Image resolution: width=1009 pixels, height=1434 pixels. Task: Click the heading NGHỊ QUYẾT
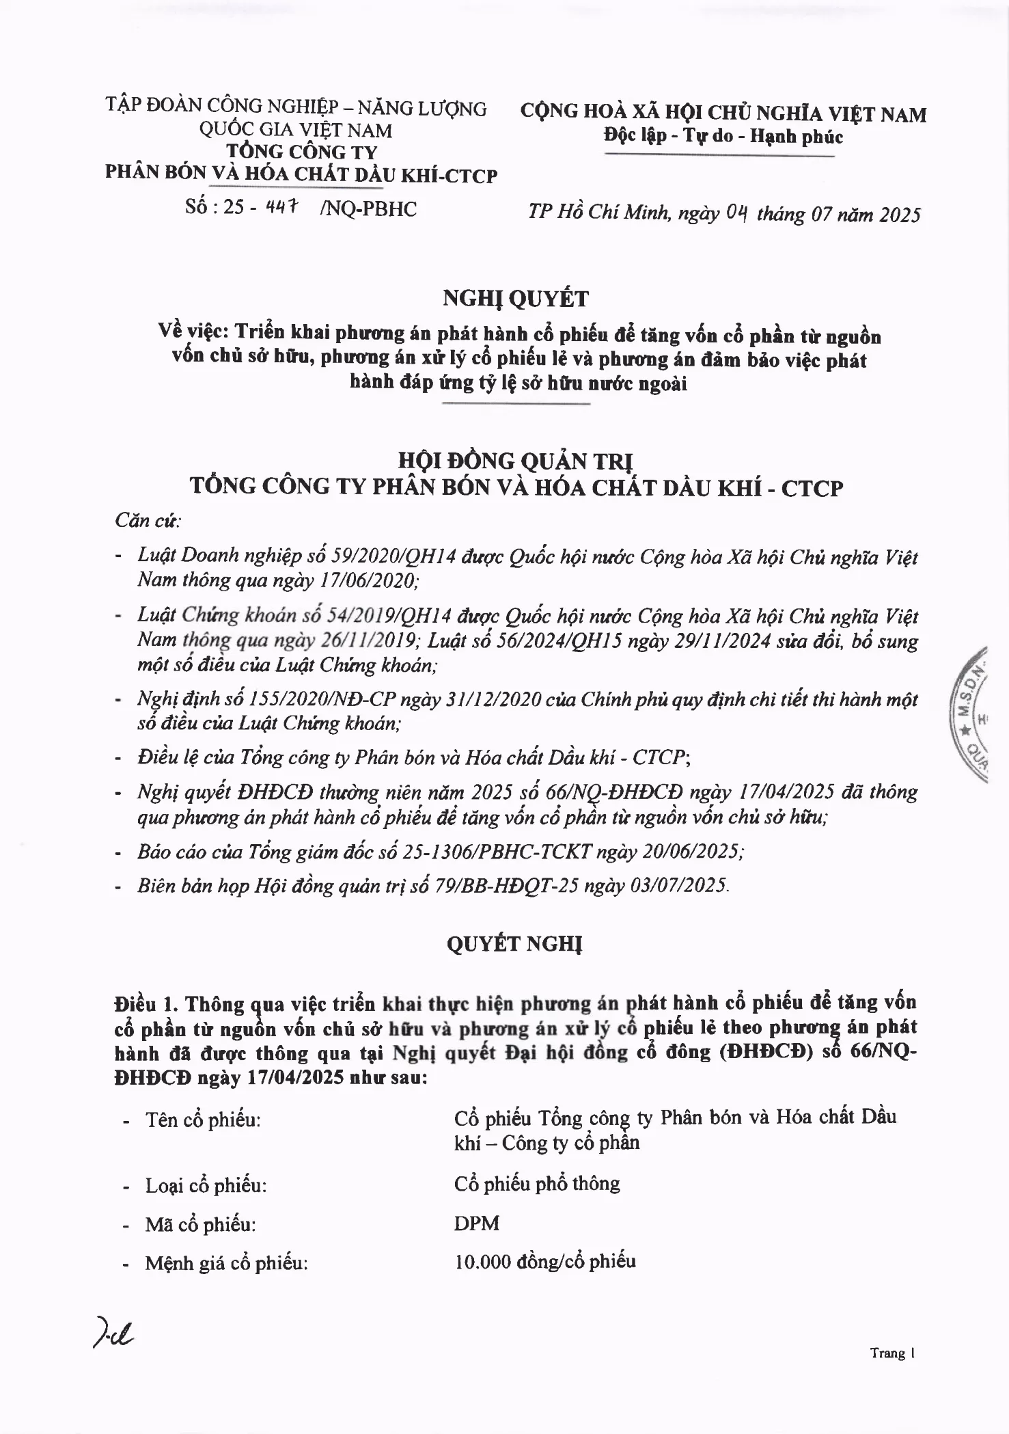coord(516,299)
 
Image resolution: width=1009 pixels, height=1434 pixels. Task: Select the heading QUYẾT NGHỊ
coord(514,944)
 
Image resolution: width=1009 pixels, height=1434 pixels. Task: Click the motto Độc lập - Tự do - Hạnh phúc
coord(723,136)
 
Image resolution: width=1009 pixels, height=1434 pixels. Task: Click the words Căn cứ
coord(148,521)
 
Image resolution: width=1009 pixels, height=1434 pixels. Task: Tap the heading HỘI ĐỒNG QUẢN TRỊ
coord(516,461)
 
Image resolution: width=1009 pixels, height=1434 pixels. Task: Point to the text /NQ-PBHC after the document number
coord(368,208)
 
